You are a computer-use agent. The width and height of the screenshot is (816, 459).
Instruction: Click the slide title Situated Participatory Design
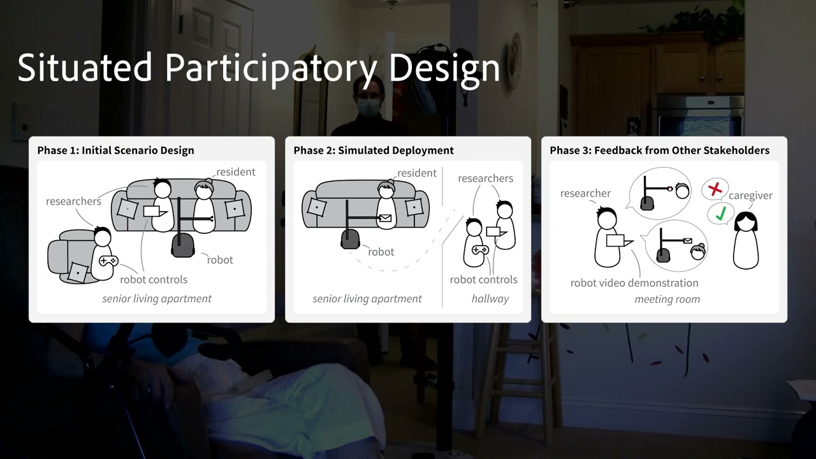tap(258, 68)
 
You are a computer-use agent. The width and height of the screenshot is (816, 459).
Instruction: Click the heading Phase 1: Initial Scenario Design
tap(115, 150)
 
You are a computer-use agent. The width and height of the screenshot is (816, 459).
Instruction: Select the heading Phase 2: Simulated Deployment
tap(374, 150)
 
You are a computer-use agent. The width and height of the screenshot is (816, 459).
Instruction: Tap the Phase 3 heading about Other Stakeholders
tap(659, 150)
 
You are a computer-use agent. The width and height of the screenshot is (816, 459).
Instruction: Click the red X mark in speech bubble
tap(715, 189)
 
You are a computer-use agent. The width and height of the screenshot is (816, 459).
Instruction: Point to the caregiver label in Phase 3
tap(750, 196)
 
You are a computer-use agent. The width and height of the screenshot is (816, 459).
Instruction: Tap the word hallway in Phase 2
tap(490, 298)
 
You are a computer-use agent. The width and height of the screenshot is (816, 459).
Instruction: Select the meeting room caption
tap(667, 299)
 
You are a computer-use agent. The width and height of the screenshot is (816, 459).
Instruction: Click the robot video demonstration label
tap(634, 282)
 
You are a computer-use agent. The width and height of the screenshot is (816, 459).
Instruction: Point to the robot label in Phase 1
tap(220, 259)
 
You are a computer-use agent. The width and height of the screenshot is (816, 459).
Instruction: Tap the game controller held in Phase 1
tap(108, 260)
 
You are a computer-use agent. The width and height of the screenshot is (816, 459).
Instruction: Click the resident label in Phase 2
tap(417, 173)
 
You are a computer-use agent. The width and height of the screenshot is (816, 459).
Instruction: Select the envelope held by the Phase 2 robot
tap(385, 218)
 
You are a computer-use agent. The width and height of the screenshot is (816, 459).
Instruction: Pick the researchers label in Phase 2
tap(485, 178)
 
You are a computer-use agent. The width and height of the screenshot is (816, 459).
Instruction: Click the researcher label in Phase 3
tap(585, 193)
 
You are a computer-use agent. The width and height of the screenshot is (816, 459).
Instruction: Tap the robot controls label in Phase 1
tap(154, 279)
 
